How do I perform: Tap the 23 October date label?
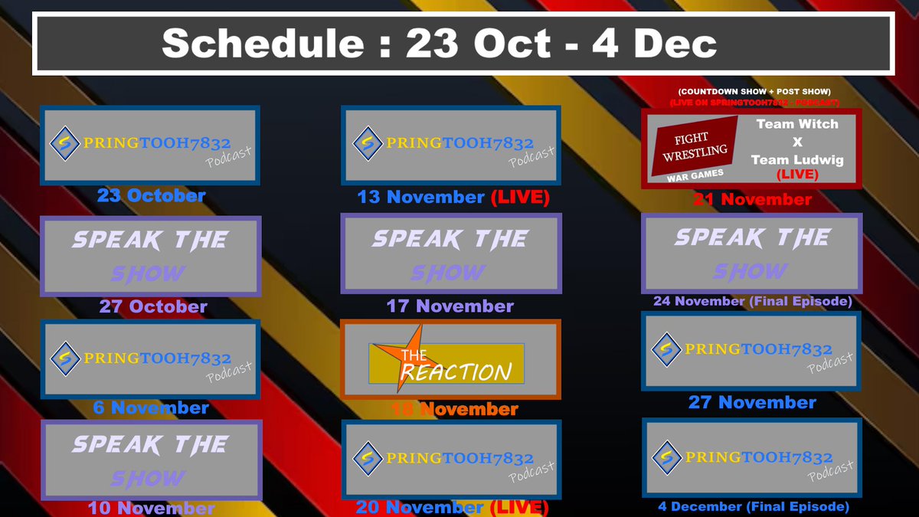151,195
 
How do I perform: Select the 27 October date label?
153,306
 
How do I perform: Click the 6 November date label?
151,407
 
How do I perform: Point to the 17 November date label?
450,306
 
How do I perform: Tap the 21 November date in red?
752,200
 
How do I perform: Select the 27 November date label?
752,402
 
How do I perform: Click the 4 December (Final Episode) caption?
754,506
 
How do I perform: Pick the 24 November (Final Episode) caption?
752,302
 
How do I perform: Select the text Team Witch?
797,124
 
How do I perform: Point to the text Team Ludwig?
797,159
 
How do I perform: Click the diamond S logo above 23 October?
62,143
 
